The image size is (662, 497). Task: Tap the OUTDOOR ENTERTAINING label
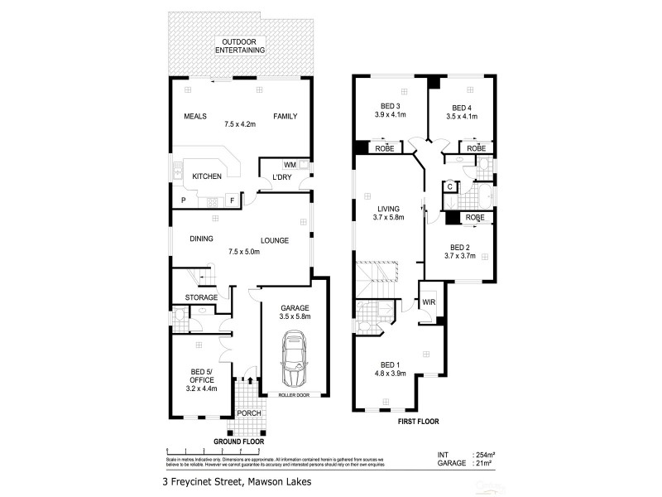coord(240,46)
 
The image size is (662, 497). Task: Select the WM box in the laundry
coord(290,165)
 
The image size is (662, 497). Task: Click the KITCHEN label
coord(207,177)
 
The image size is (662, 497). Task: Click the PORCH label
coord(249,413)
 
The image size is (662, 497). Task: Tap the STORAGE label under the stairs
coord(201,297)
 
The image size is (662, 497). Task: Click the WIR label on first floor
coord(428,302)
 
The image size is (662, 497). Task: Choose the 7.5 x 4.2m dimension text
coord(240,125)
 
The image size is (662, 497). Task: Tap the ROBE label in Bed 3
coord(385,148)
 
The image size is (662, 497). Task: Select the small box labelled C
coord(449,187)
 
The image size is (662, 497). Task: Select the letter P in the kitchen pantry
coord(183,200)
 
